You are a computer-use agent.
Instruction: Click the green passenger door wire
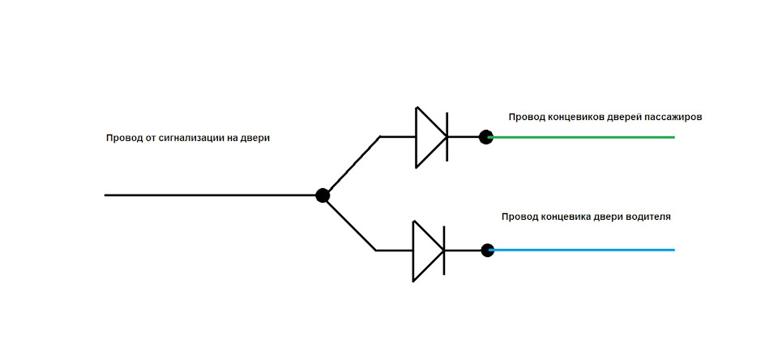point(582,136)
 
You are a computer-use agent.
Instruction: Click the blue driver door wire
point(582,250)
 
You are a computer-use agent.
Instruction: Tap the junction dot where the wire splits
point(323,195)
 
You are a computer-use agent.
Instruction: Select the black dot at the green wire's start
point(486,136)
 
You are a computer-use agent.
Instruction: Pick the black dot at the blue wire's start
point(487,251)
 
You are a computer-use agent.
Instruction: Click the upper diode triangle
point(430,137)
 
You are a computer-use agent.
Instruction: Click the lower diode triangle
point(428,251)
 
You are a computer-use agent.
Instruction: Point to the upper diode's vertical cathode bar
point(447,137)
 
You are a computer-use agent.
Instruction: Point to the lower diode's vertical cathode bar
point(444,250)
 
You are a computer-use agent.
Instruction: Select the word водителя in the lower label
point(649,217)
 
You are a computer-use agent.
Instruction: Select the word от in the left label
point(150,139)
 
